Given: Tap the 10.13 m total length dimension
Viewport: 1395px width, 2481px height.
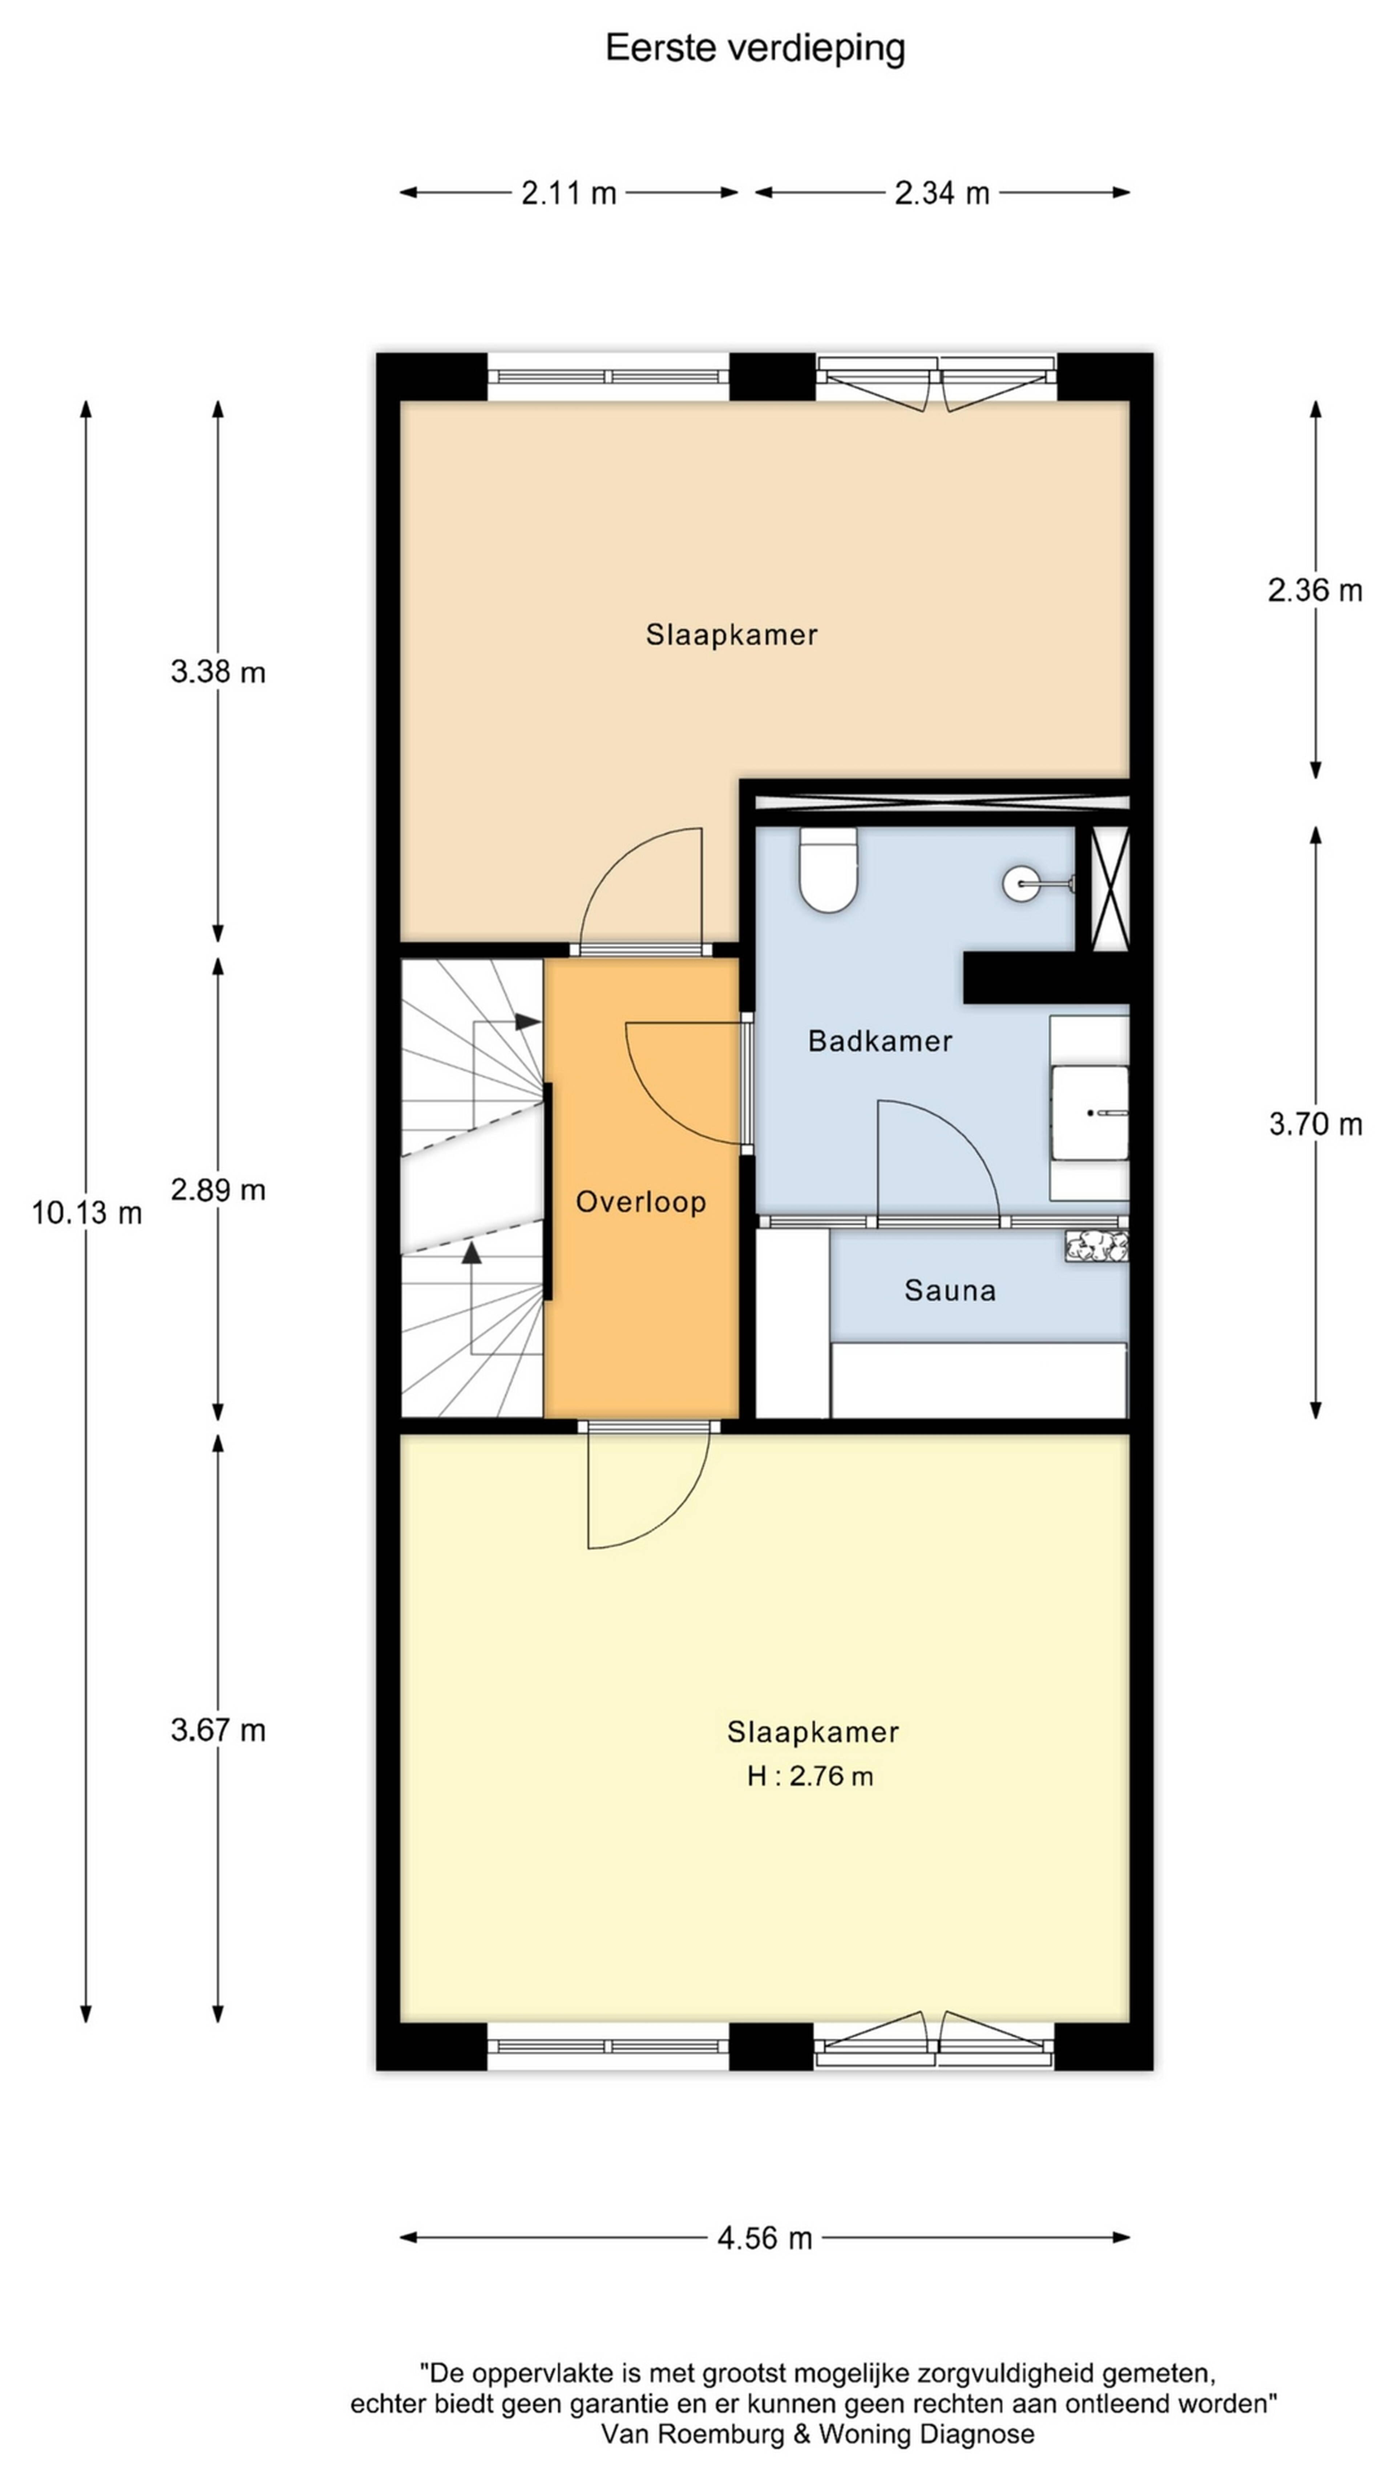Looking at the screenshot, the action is coord(87,1213).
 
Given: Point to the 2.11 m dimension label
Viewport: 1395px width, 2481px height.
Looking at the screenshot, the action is coord(568,194).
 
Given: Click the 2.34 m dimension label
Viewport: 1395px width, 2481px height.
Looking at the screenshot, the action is coord(942,194).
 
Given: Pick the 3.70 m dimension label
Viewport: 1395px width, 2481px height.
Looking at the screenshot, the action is coord(1315,1124).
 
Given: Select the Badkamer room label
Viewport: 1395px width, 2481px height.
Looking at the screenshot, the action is coord(880,1041).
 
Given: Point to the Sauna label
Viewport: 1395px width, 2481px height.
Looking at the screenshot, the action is coord(949,1291).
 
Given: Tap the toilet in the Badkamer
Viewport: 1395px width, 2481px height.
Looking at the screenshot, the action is coord(828,870).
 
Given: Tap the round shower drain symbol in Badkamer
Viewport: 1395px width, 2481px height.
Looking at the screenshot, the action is coord(1020,883).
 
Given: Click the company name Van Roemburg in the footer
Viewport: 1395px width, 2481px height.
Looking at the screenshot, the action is coord(693,2434).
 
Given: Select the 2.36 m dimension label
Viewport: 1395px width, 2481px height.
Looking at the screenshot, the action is coord(1315,590).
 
